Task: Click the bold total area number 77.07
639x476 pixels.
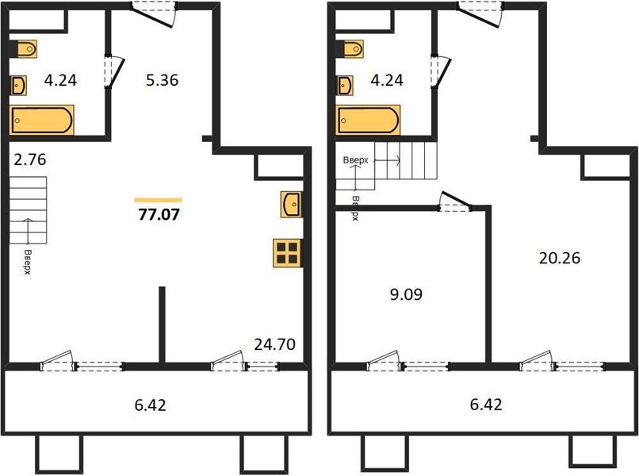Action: pos(159,213)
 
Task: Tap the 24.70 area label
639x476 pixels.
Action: pos(275,344)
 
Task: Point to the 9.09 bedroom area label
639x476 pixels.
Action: pos(405,295)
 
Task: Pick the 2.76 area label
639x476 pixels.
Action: pos(30,159)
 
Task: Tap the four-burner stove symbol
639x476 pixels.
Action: pos(287,251)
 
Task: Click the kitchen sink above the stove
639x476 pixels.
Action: pos(290,204)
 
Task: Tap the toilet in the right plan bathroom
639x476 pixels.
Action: pos(350,49)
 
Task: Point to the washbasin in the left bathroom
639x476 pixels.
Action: pos(20,83)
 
